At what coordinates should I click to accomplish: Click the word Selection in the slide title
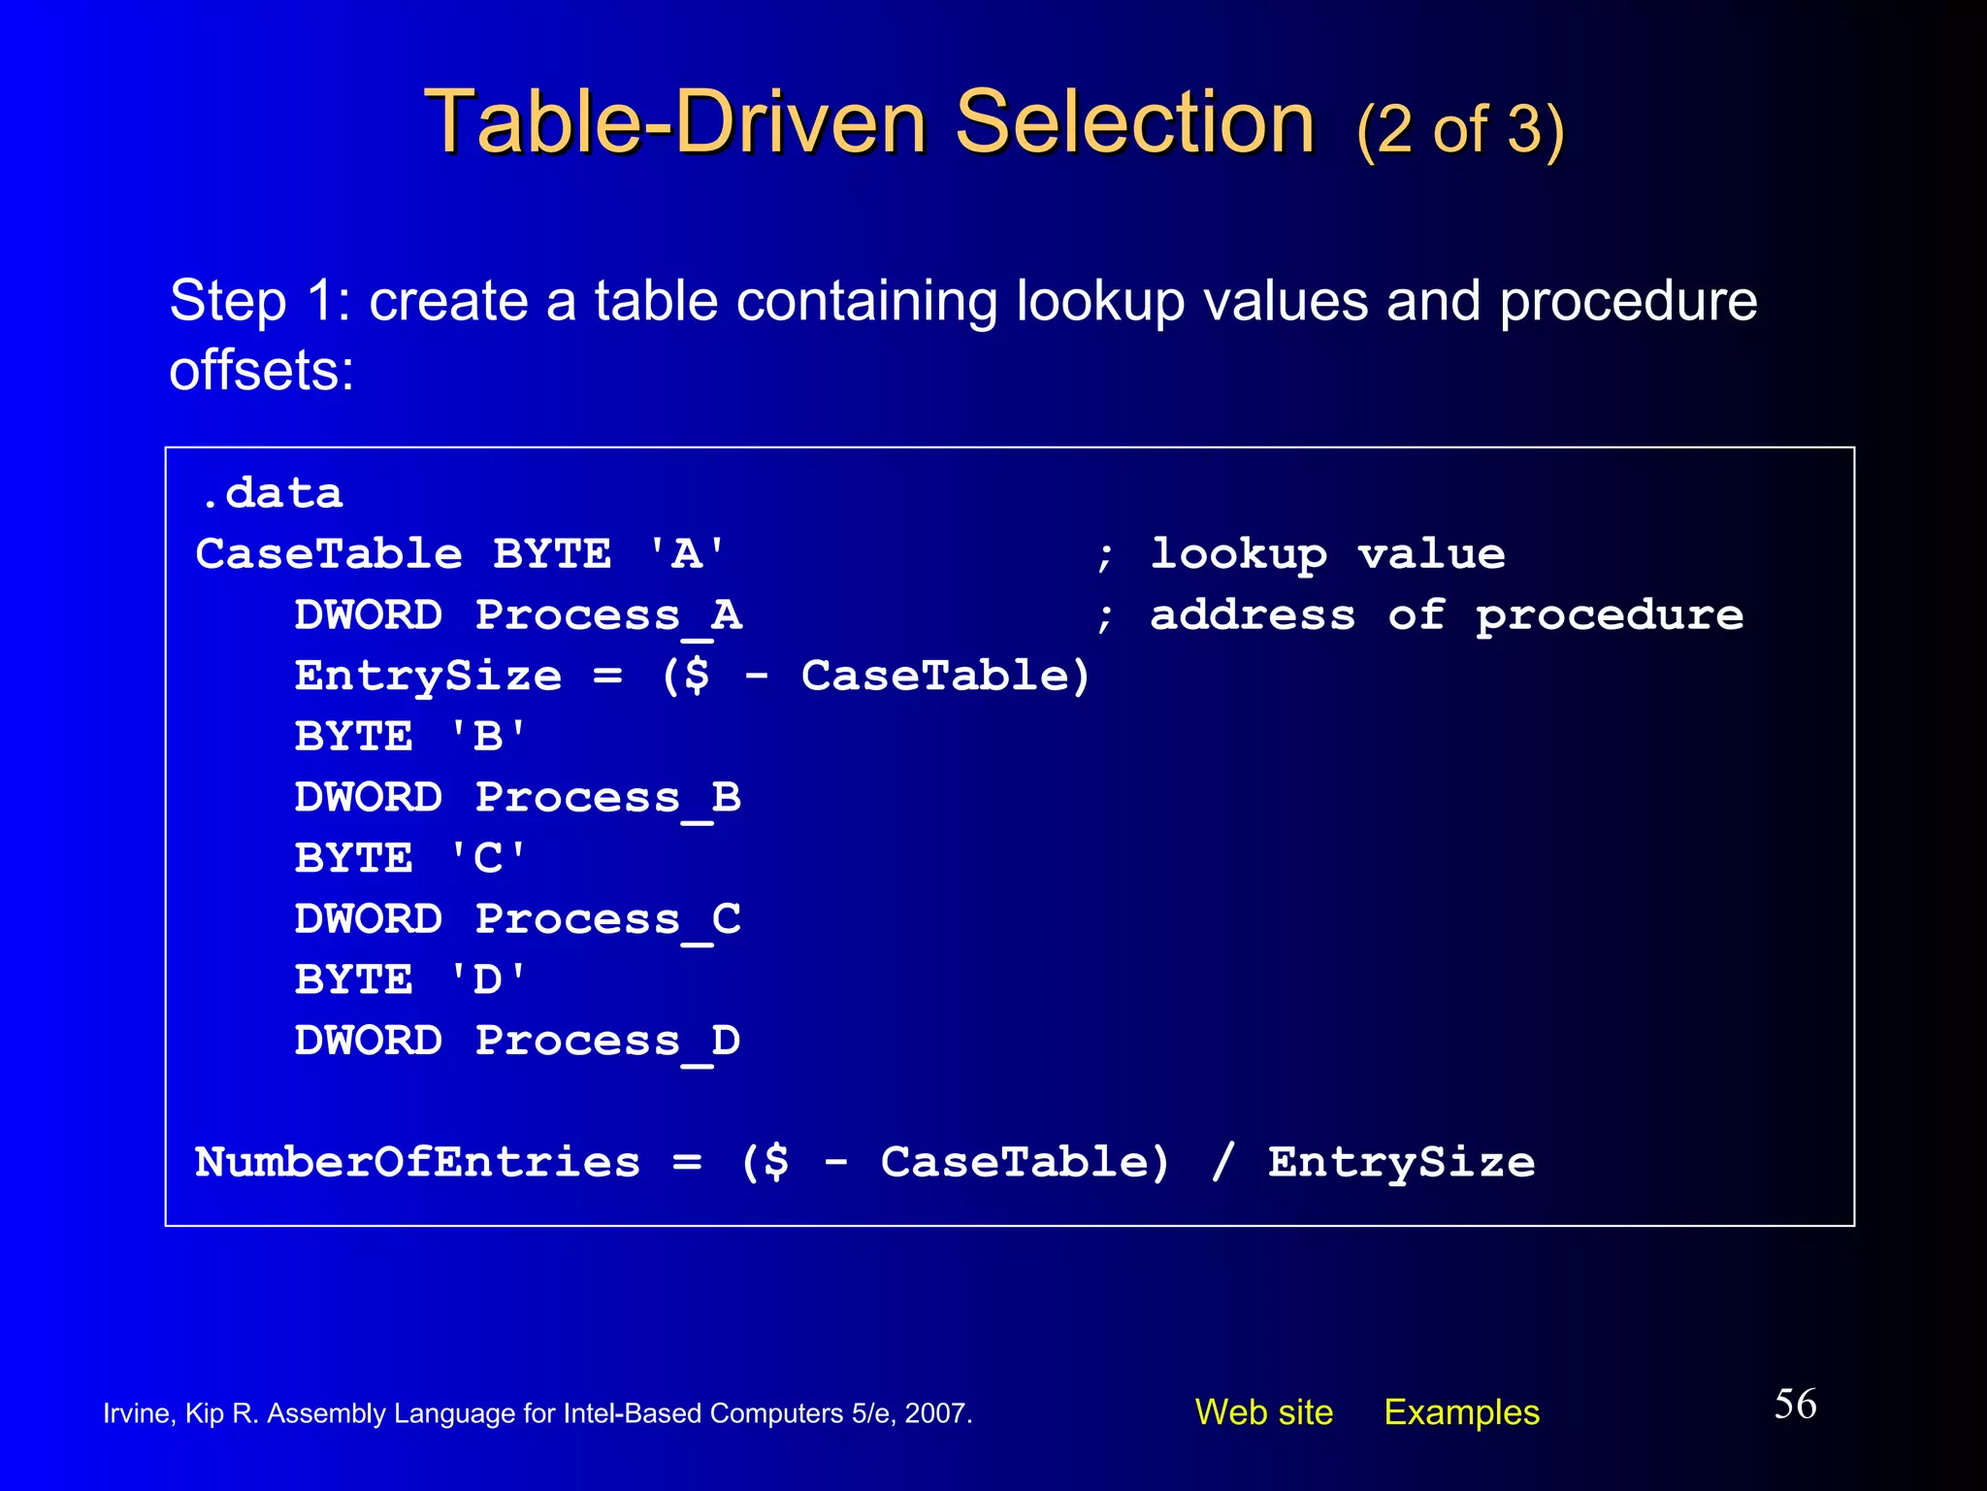point(1134,122)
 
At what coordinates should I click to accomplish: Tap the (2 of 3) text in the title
point(1460,129)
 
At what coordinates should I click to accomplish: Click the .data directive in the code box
point(272,494)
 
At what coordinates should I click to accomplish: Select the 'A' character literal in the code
point(686,554)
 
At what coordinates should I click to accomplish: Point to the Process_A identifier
point(608,615)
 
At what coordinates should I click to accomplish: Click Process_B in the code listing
point(608,798)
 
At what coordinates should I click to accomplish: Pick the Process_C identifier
point(608,919)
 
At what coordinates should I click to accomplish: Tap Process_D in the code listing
point(608,1042)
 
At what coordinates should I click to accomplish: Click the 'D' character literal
point(488,980)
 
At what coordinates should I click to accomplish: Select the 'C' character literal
point(488,859)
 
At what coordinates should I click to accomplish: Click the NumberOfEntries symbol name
point(417,1162)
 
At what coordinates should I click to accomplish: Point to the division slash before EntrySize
point(1222,1162)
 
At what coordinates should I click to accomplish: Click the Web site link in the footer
point(1263,1412)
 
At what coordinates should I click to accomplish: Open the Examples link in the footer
point(1461,1412)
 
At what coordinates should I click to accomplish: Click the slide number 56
point(1795,1405)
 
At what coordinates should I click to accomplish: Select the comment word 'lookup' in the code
point(1238,554)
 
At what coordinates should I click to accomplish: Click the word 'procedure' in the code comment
point(1609,615)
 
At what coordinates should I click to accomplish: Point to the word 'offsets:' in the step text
point(262,371)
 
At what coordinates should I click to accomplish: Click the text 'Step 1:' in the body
point(259,301)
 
